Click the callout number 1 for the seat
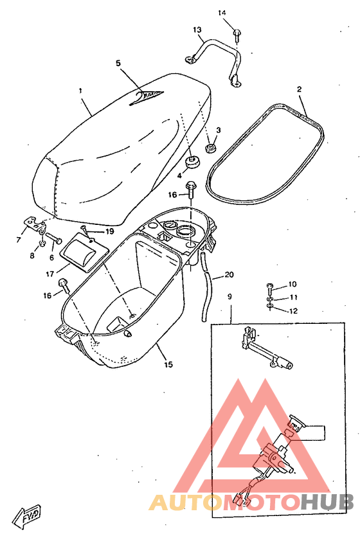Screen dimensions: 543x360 coord(81,91)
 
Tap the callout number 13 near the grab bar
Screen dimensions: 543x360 coord(197,30)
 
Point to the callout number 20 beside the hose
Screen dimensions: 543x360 coord(230,275)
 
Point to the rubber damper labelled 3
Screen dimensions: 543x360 coord(210,148)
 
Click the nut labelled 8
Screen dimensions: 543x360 coord(40,244)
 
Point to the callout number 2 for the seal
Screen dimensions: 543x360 coord(300,89)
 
